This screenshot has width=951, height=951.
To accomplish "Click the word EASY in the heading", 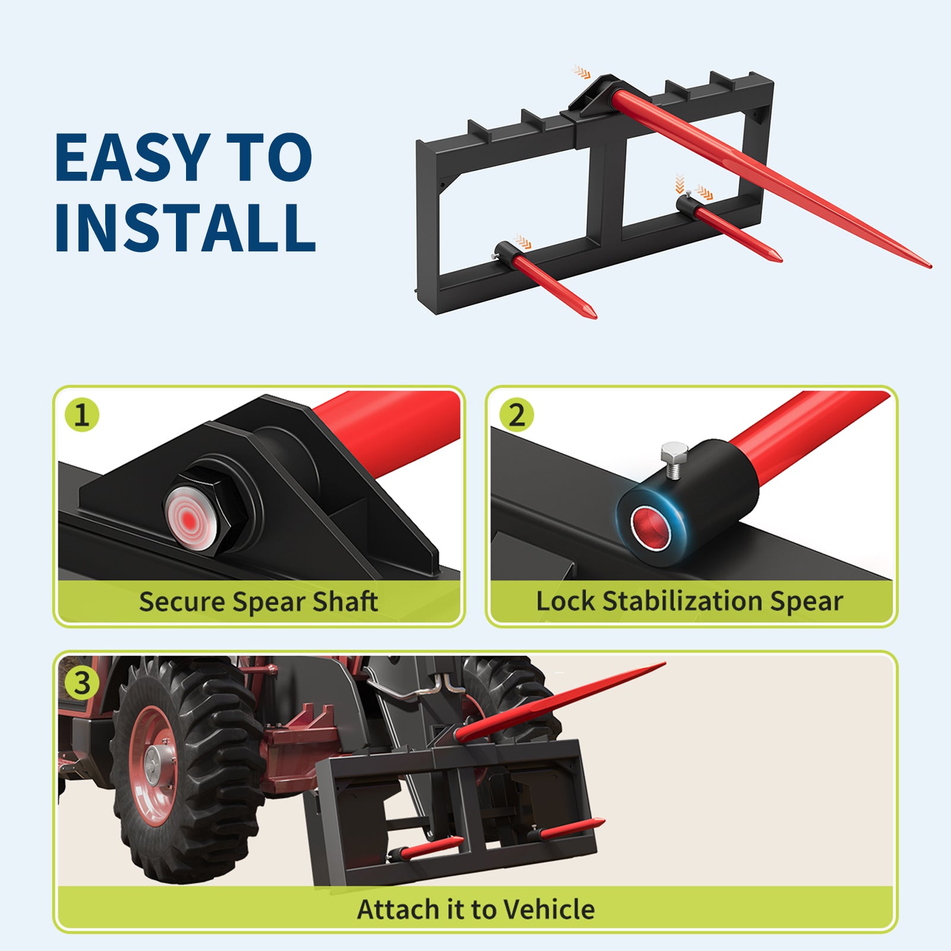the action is [x=132, y=158].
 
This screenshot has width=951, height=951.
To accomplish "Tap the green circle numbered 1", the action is [x=82, y=415].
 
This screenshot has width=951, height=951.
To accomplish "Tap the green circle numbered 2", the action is [x=516, y=415].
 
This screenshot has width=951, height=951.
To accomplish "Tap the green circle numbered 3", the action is [x=82, y=682].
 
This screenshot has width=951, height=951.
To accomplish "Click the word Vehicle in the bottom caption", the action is [x=548, y=909].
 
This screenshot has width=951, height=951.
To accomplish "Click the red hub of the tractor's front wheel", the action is [x=153, y=767].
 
